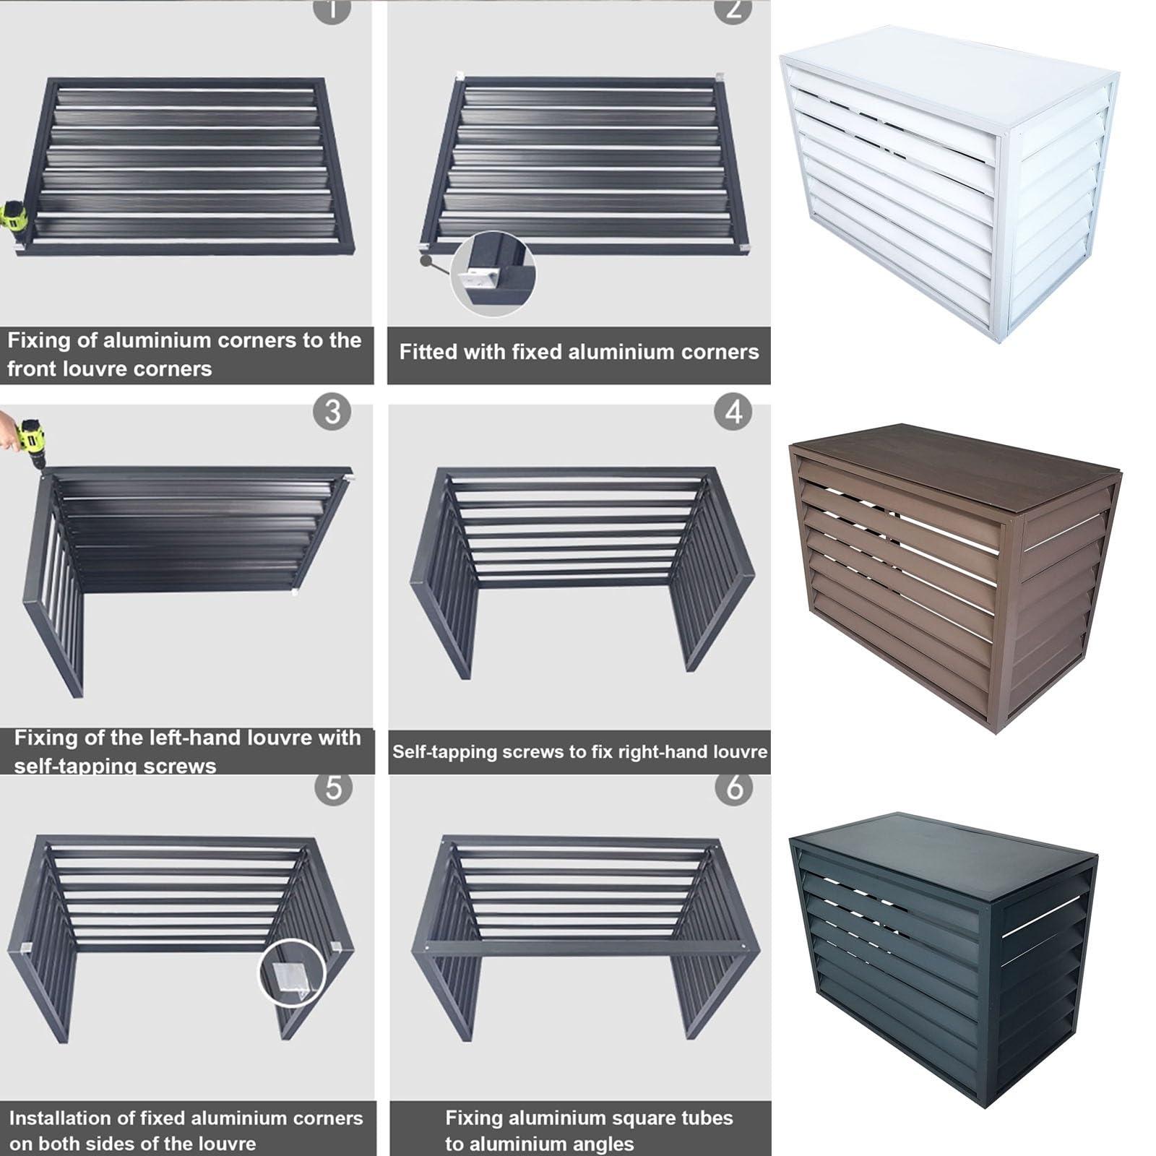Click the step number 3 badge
click(332, 412)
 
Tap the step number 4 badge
click(733, 412)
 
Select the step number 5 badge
click(333, 788)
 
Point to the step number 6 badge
click(734, 788)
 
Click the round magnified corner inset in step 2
click(493, 273)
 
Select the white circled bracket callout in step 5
click(293, 972)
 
